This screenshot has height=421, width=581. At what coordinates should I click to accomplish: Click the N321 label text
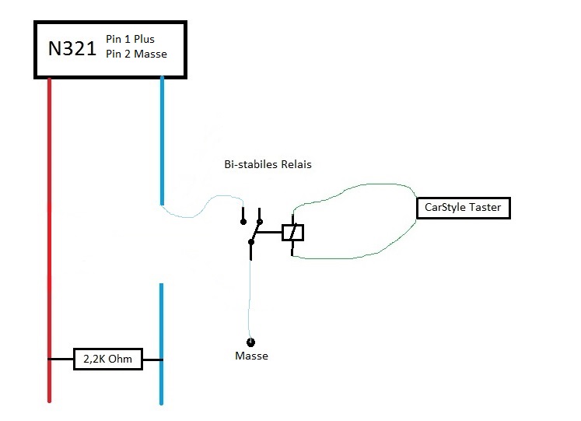72,48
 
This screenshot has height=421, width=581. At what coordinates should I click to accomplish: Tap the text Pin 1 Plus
130,39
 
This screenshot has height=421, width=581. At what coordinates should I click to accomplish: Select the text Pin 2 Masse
136,54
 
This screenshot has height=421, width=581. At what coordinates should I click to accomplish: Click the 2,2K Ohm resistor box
108,359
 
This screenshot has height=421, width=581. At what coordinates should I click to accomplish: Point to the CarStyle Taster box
464,208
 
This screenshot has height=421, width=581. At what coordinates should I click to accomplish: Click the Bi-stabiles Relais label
268,164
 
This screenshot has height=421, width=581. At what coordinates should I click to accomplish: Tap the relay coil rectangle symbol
292,233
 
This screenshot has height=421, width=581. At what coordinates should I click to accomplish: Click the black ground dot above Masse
251,342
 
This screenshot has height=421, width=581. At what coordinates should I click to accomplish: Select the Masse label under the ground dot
251,356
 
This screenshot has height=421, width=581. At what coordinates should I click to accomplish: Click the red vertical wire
49,240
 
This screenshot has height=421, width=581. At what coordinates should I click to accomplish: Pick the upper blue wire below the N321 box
162,140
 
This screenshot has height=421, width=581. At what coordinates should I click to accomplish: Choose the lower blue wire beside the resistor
161,344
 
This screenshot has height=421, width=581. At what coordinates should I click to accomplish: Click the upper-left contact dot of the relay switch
243,222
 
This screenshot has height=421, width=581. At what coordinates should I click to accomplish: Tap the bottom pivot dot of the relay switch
251,242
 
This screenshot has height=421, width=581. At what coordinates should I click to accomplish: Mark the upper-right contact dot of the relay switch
260,222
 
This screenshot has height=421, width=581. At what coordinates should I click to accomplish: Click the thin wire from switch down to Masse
250,300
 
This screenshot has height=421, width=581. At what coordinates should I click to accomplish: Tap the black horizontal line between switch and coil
269,233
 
